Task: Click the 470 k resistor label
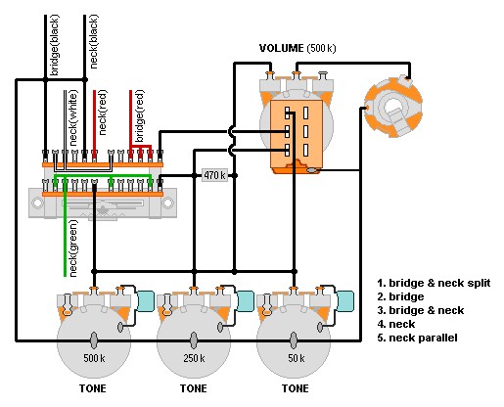(214, 175)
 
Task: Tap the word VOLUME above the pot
(281, 48)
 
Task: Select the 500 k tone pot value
(94, 358)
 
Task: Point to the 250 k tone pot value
(194, 358)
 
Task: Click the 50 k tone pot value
(297, 358)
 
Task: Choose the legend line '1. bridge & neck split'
(434, 283)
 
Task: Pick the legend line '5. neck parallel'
(417, 338)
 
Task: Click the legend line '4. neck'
(396, 324)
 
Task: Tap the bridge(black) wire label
(55, 45)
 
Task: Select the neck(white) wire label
(73, 118)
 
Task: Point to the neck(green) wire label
(73, 249)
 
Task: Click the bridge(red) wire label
(140, 116)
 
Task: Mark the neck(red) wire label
(102, 113)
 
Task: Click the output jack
(393, 107)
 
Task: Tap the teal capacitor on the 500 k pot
(145, 301)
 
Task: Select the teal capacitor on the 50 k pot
(345, 301)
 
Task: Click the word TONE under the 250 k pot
(194, 388)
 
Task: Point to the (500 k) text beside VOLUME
(321, 48)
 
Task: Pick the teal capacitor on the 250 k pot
(246, 301)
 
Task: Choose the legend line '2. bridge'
(400, 296)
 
